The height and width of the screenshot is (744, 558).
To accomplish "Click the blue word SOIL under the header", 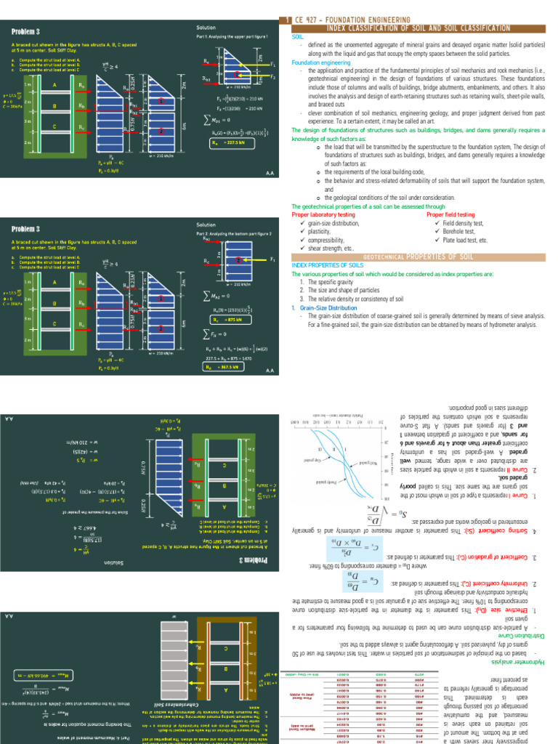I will point(298,36).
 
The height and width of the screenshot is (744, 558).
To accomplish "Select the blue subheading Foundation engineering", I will point(321,62).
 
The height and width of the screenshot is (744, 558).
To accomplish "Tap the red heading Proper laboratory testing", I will point(322,215).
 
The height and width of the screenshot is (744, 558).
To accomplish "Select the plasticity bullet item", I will point(317,232).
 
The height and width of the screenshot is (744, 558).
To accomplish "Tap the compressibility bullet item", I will point(323,240).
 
